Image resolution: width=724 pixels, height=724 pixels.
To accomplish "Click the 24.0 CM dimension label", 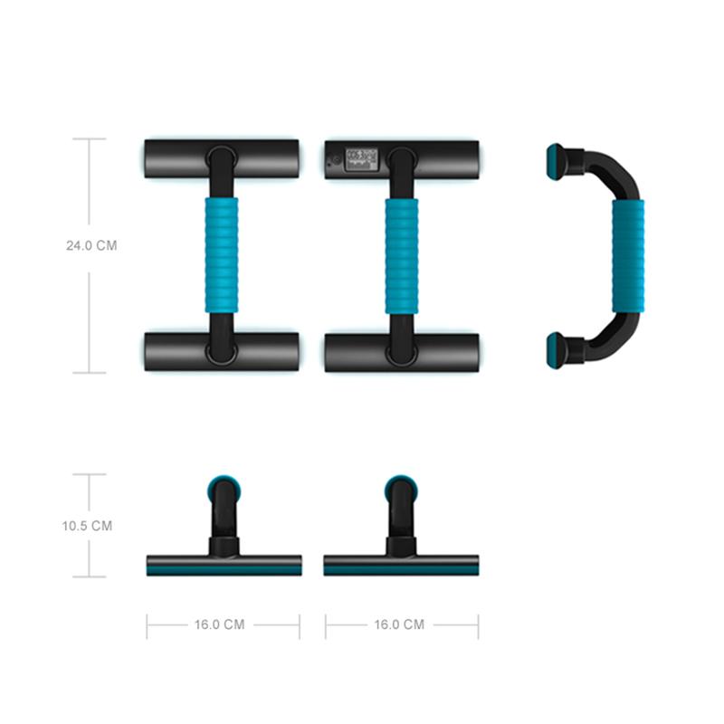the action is point(91,245).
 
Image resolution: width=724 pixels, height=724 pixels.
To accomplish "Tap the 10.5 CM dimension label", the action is point(87,526).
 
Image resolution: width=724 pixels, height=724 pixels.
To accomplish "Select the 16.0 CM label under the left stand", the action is point(219,624).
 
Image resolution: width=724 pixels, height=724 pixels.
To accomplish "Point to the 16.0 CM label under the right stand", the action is point(399,624).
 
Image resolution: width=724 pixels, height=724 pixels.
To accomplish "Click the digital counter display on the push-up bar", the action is point(361,160).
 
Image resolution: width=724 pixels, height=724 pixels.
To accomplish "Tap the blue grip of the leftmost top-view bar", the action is point(222,256).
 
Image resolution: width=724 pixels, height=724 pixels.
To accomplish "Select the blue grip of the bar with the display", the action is point(402,256).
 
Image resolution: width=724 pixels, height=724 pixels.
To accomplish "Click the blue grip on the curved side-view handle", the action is point(628,257).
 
